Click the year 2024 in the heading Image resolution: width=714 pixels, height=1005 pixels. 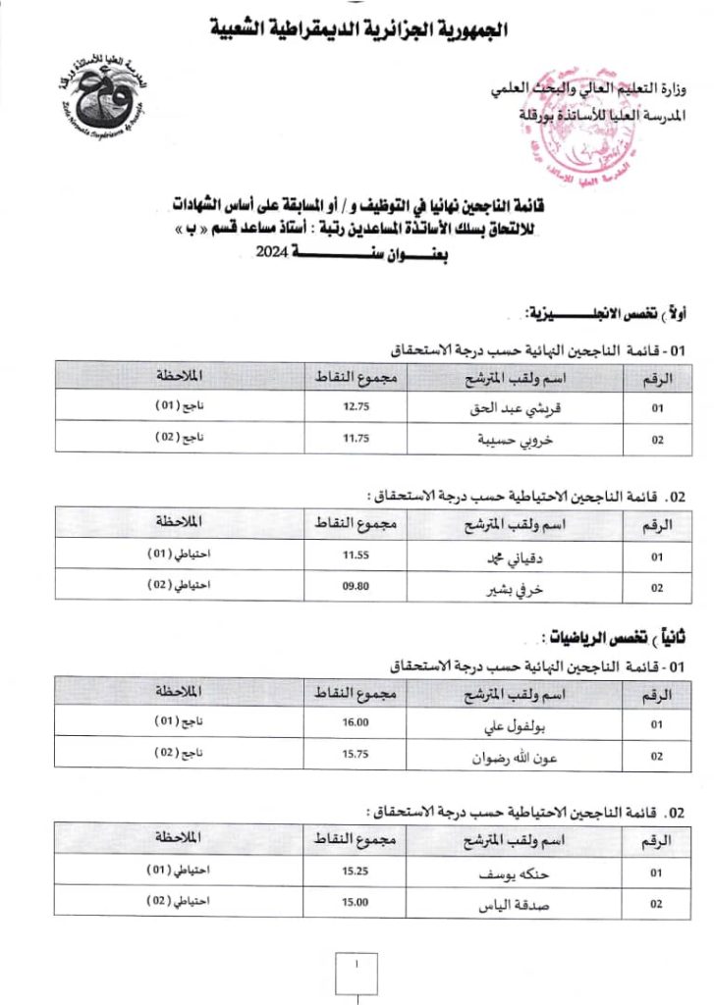pos(270,252)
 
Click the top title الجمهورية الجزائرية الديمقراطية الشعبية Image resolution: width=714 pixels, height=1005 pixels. pos(359,28)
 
